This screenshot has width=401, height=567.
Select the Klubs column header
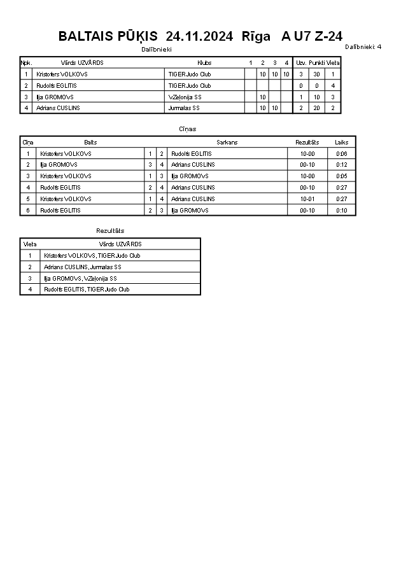[x=204, y=63]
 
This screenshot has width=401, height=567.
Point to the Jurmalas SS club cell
[x=181, y=108]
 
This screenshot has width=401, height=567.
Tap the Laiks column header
[x=342, y=143]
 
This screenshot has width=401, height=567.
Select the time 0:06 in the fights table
[x=342, y=154]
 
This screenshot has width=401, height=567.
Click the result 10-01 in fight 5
[x=307, y=199]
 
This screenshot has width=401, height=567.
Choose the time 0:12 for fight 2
[x=342, y=165]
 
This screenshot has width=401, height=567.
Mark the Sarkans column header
[x=227, y=143]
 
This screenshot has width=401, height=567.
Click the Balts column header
[x=90, y=143]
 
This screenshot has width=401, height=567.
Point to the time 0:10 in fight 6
[x=342, y=211]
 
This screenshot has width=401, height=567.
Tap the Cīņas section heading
[x=187, y=129]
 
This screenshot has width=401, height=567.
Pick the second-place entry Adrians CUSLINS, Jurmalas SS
[x=83, y=267]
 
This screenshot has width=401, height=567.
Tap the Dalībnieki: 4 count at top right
[x=363, y=46]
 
